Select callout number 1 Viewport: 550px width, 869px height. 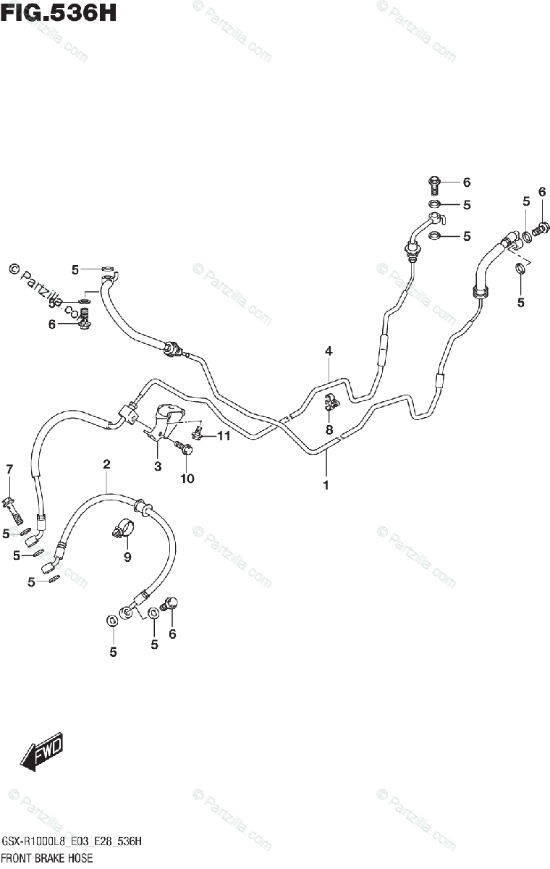pos(326,484)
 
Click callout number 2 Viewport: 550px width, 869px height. pos(106,463)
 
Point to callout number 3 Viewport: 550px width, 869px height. pos(157,466)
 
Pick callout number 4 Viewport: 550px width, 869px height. pos(328,351)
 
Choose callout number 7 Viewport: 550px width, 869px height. pos(9,469)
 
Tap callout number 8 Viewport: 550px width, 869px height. pos(329,429)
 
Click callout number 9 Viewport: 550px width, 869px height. pos(127,557)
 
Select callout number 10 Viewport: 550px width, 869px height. pos(187,478)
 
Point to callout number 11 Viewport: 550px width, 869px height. pos(223,436)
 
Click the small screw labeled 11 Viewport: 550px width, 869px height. pos(196,434)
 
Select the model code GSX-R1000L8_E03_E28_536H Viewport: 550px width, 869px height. pos(71,841)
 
